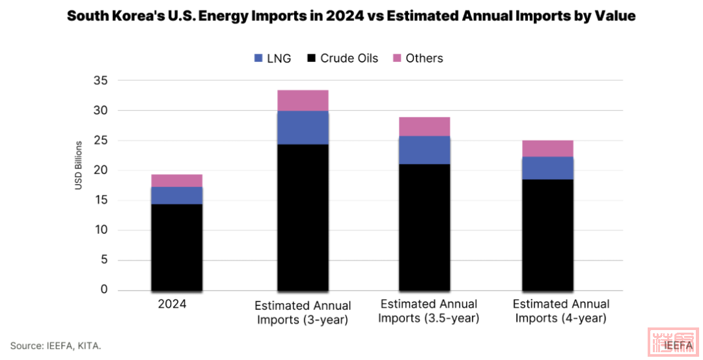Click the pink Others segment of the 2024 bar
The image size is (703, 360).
176,180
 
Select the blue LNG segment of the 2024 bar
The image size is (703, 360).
176,195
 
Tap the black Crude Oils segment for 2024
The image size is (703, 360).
176,247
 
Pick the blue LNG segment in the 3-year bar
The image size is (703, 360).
303,128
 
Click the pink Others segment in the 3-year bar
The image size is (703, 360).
303,100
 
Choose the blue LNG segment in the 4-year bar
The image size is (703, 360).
547,168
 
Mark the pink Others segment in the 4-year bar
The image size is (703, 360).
547,148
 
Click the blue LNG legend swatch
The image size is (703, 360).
258,59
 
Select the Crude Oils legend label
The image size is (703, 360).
349,59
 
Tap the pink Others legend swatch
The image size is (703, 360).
396,59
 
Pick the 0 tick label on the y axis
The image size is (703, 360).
103,290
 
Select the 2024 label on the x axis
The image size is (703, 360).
172,304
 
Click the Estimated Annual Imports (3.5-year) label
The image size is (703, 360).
428,311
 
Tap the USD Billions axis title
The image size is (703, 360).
78,165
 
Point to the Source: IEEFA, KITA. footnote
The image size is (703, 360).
56,344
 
